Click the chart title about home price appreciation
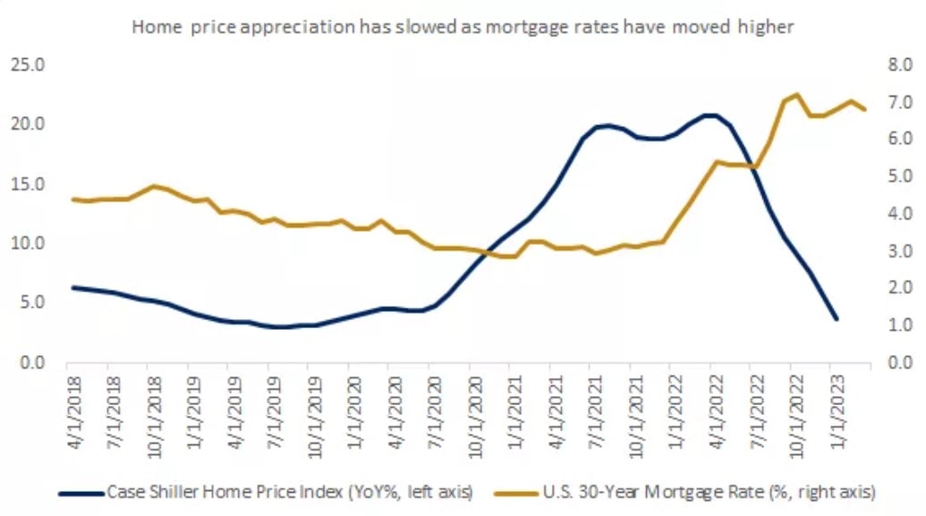463,27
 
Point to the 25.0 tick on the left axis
27,65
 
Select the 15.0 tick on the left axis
27,184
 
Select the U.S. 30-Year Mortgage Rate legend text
707,492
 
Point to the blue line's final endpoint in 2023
836,318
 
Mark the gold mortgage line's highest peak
796,94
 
